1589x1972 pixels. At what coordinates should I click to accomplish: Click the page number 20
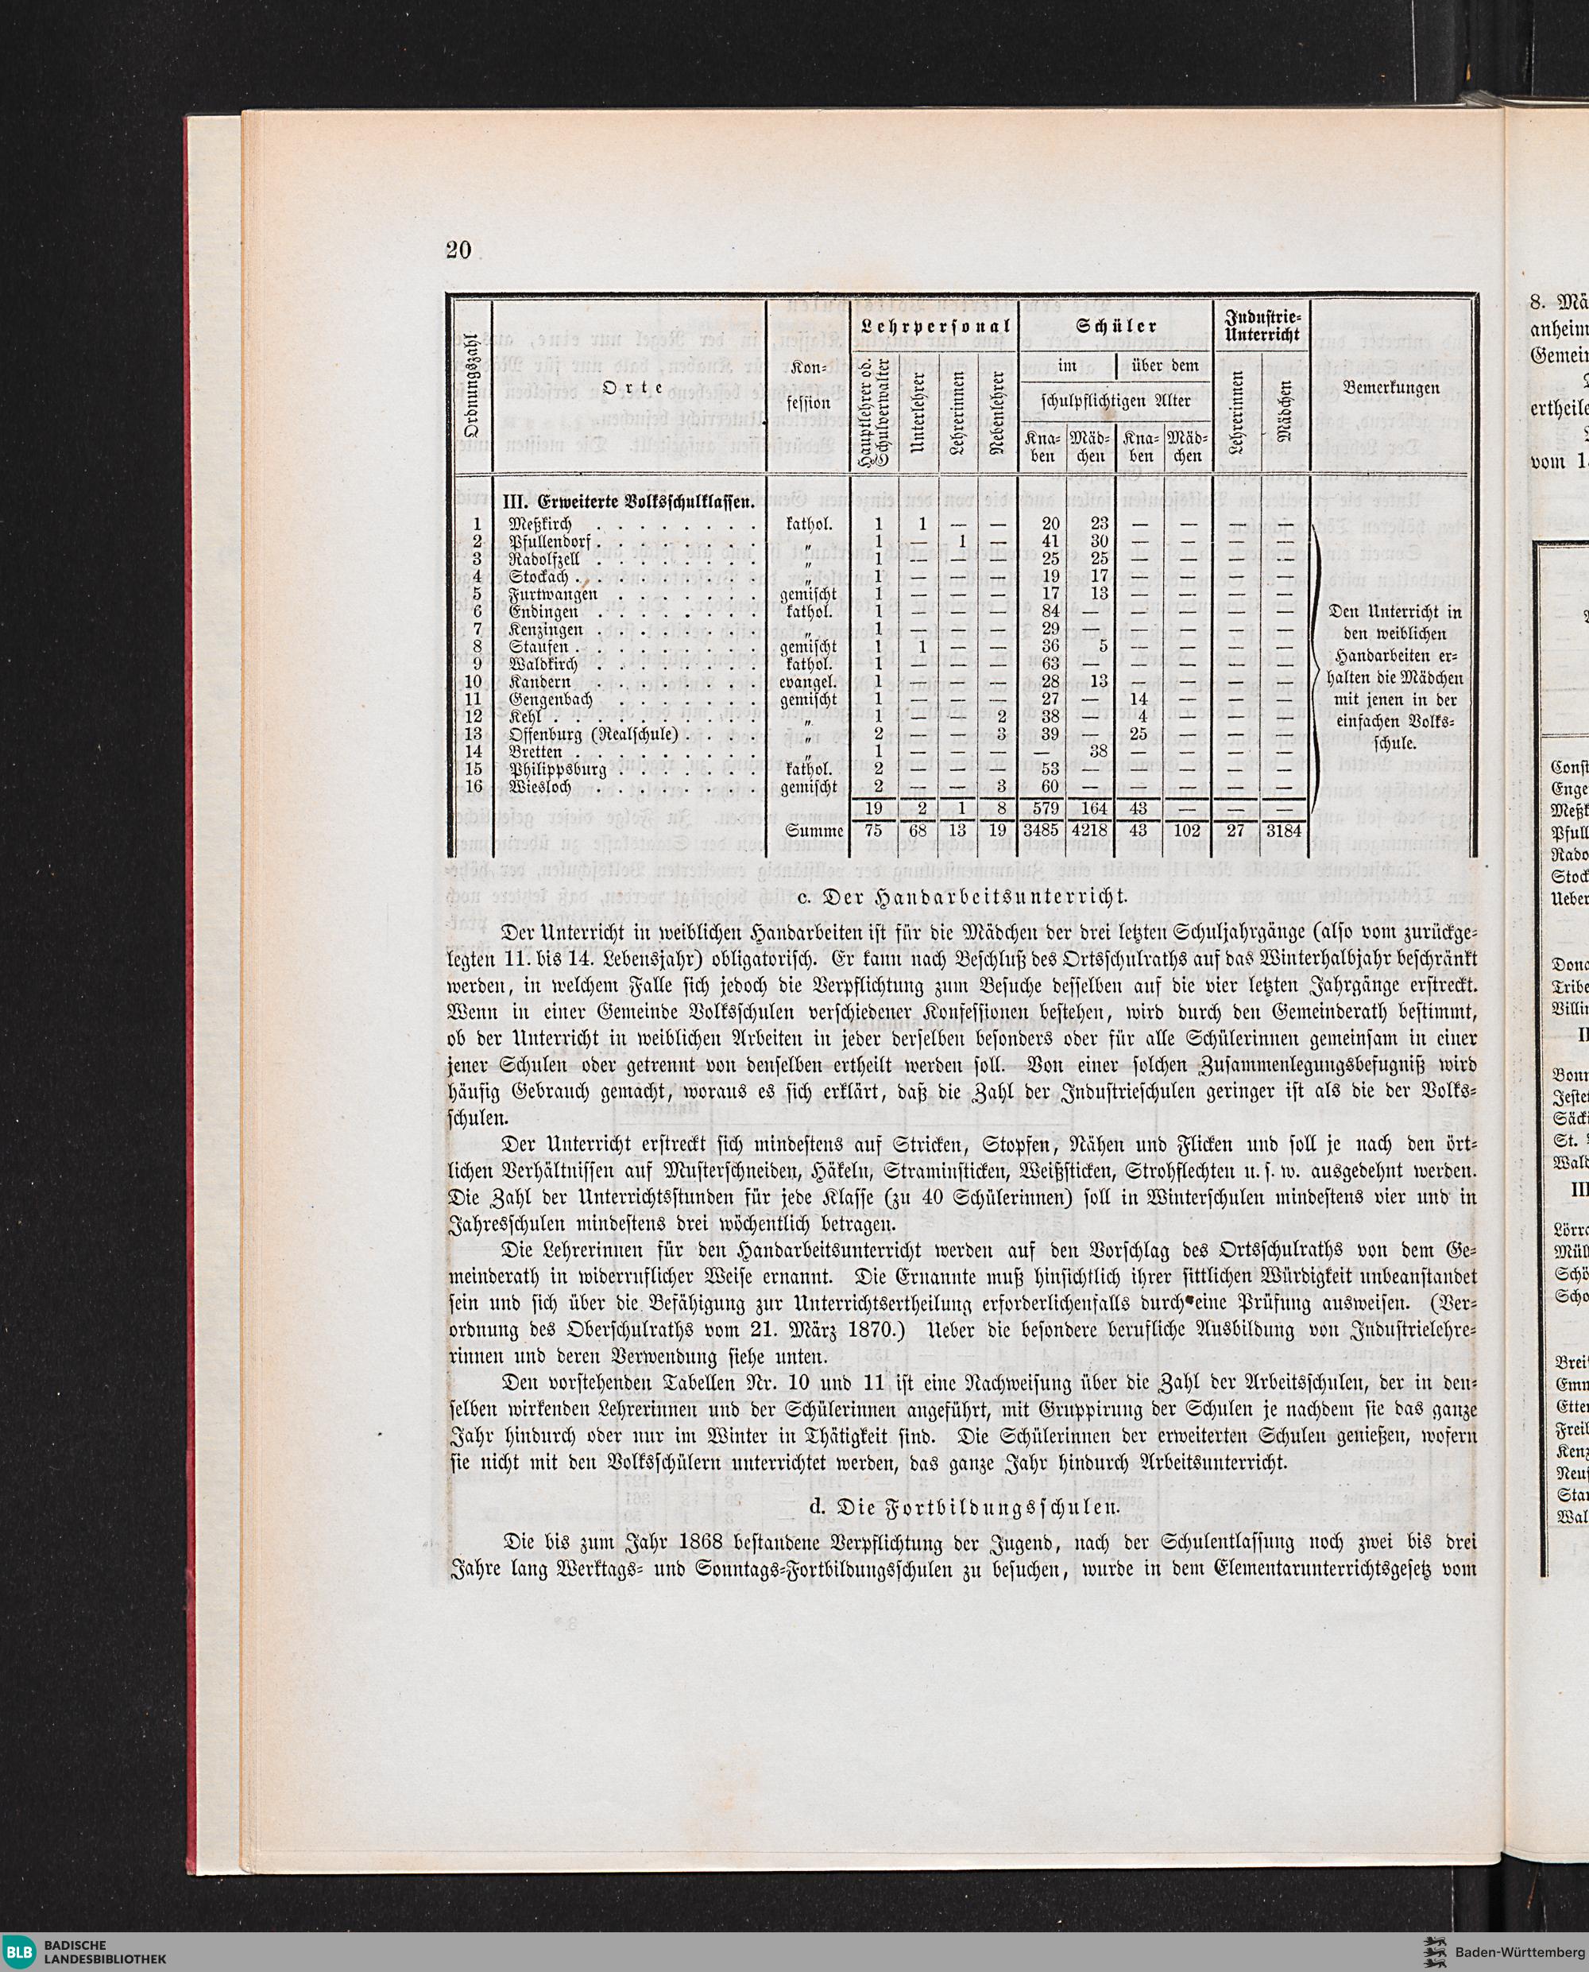[458, 250]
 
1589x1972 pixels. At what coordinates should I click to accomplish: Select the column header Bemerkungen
[1392, 388]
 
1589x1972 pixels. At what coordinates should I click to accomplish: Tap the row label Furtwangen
[553, 593]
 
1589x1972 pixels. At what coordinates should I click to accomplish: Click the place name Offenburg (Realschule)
[593, 734]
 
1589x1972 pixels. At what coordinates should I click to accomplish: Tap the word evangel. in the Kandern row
[810, 681]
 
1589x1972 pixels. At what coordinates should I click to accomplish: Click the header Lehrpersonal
[933, 326]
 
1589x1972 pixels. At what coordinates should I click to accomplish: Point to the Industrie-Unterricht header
[1262, 326]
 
